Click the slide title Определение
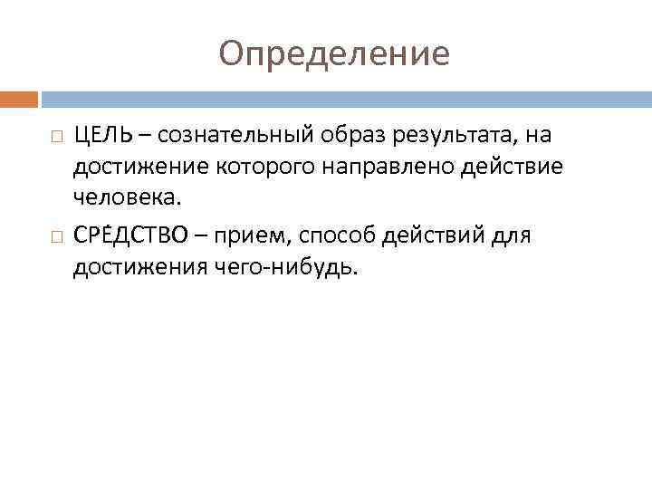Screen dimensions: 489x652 (333, 54)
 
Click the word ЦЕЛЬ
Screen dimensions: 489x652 (101, 136)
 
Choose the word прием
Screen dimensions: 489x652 (257, 236)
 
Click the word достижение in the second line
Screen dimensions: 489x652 (140, 167)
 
